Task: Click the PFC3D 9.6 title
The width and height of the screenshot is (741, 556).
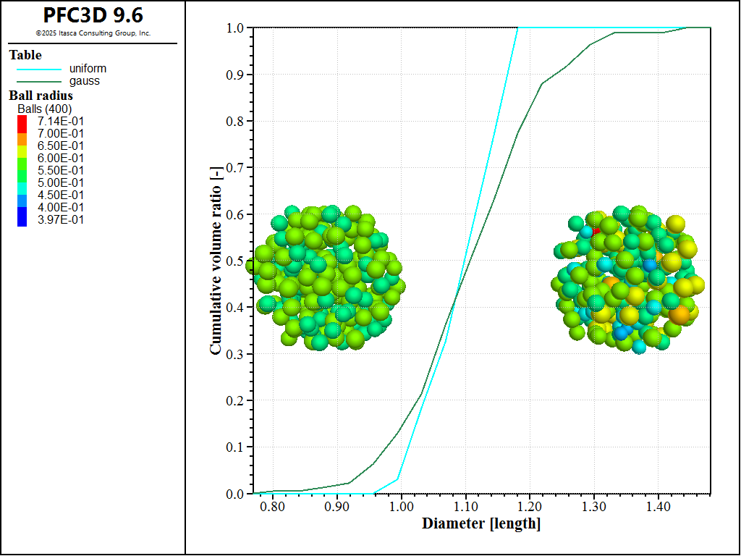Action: point(93,15)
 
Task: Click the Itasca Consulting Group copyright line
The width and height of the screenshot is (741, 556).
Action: point(93,33)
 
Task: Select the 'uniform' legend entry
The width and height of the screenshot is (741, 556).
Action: point(88,69)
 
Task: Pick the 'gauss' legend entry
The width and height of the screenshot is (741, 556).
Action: point(84,81)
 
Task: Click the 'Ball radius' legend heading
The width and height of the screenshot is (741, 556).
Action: point(41,95)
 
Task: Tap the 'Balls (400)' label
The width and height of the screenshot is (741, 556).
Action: point(44,109)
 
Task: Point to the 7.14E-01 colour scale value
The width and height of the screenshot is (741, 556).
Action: point(61,121)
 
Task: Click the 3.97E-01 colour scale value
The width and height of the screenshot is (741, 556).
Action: point(61,219)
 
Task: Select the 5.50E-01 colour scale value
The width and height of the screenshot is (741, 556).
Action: point(61,170)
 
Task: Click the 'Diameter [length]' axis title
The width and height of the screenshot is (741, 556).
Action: point(481,523)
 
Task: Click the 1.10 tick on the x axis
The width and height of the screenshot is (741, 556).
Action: point(466,505)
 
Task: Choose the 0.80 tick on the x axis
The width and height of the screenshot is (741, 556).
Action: point(273,505)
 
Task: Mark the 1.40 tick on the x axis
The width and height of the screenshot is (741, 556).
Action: point(658,505)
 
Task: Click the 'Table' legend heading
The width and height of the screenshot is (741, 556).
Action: point(25,55)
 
